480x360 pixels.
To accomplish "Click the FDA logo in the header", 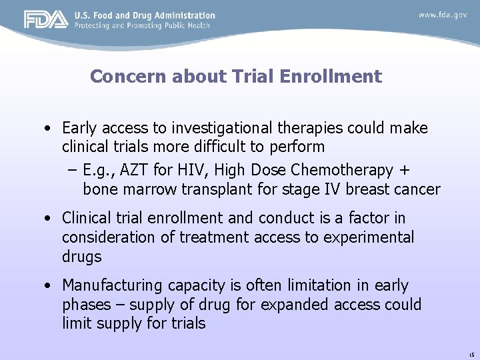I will [46, 20].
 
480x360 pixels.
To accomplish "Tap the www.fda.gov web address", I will [443, 15].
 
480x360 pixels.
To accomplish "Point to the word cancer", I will [416, 189].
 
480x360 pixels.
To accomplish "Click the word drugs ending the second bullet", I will [81, 256].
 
